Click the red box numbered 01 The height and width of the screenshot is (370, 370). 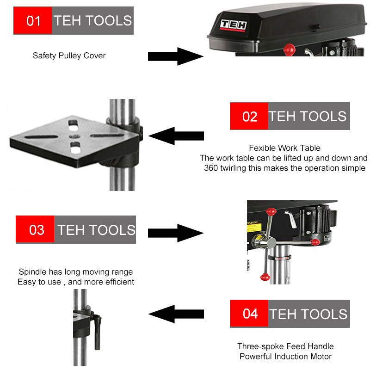tap(32, 20)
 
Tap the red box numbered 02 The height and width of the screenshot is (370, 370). tap(249, 116)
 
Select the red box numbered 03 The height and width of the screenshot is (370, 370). tap(35, 229)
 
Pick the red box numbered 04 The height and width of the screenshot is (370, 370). tap(249, 314)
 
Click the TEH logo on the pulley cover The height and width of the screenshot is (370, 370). tap(234, 25)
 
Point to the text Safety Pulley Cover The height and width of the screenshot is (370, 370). tap(69, 55)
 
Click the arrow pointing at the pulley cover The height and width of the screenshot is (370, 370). tap(176, 56)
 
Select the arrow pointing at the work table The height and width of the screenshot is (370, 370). tap(176, 136)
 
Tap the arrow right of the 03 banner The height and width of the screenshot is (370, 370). tap(176, 233)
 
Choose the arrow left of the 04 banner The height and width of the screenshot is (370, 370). tap(176, 314)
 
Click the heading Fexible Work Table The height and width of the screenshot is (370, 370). tap(284, 148)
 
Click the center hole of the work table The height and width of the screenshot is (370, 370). tap(74, 136)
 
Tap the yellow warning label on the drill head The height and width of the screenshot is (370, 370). tap(254, 227)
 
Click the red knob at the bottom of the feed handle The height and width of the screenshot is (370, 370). tap(265, 276)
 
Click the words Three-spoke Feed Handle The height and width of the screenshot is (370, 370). tap(285, 346)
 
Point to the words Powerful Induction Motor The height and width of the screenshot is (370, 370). tap(285, 356)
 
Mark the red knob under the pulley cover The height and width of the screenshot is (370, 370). tap(289, 49)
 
